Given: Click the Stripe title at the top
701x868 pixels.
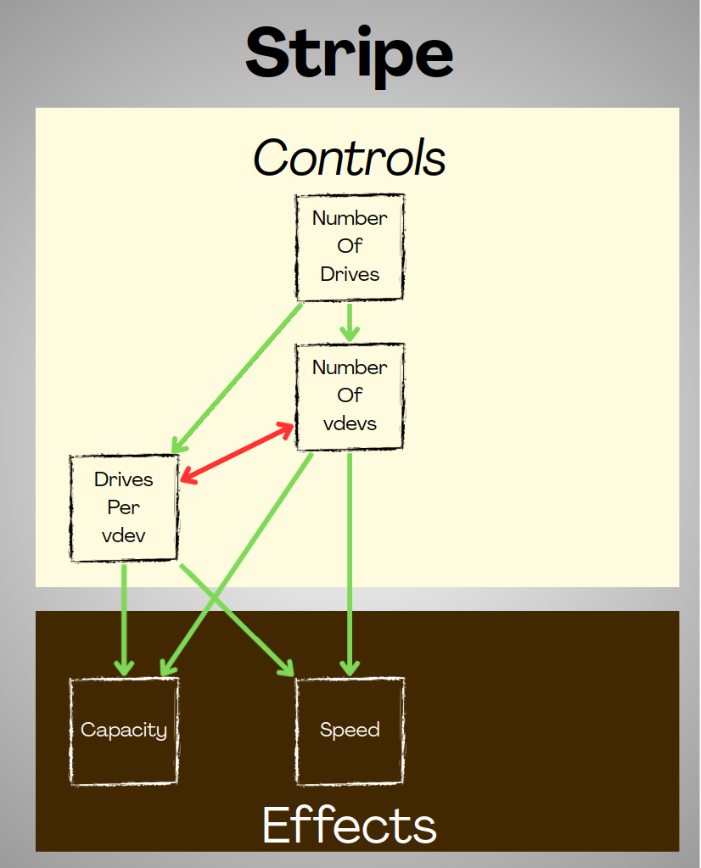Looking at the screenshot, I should click(350, 53).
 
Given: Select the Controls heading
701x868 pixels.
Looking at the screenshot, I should click(350, 158).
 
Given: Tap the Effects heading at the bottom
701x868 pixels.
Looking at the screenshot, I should click(350, 825).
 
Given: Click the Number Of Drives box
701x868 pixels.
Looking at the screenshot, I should click(350, 247).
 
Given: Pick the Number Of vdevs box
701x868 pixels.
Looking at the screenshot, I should click(350, 396).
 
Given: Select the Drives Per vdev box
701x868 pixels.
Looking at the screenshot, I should click(124, 508).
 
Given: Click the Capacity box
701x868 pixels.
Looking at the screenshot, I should click(124, 731).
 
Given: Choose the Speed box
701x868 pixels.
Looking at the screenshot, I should click(350, 731).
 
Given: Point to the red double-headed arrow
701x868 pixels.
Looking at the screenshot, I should click(237, 454).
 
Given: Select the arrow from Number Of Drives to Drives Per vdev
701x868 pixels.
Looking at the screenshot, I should click(238, 378).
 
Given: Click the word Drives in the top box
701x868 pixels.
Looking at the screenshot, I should click(350, 274).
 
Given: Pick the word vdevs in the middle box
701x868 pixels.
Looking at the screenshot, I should click(350, 423).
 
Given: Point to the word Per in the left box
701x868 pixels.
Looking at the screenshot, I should click(124, 507).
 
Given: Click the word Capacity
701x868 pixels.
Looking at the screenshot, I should click(124, 730).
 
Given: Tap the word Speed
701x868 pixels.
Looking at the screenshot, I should click(350, 730).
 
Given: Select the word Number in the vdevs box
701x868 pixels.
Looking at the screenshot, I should click(350, 367).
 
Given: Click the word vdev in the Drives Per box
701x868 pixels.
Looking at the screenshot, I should click(124, 535).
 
